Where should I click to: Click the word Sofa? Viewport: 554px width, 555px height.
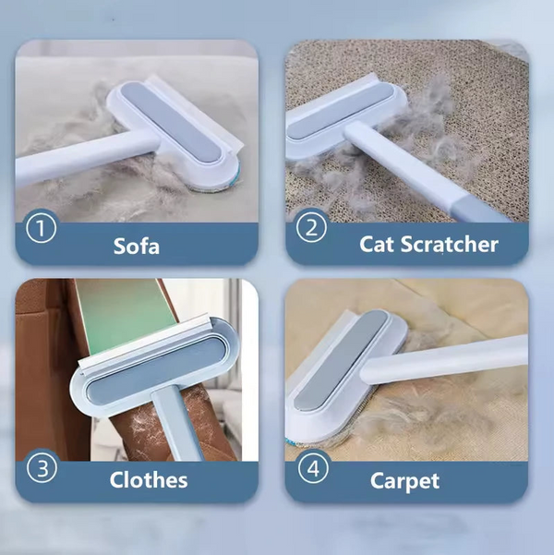(x=137, y=246)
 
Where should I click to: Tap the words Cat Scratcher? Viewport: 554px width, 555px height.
(x=428, y=245)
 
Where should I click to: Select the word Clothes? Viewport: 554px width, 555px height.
(x=149, y=479)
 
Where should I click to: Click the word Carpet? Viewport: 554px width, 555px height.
(x=404, y=481)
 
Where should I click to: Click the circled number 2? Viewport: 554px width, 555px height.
(x=311, y=226)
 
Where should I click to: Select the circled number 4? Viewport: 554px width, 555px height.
(x=312, y=468)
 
